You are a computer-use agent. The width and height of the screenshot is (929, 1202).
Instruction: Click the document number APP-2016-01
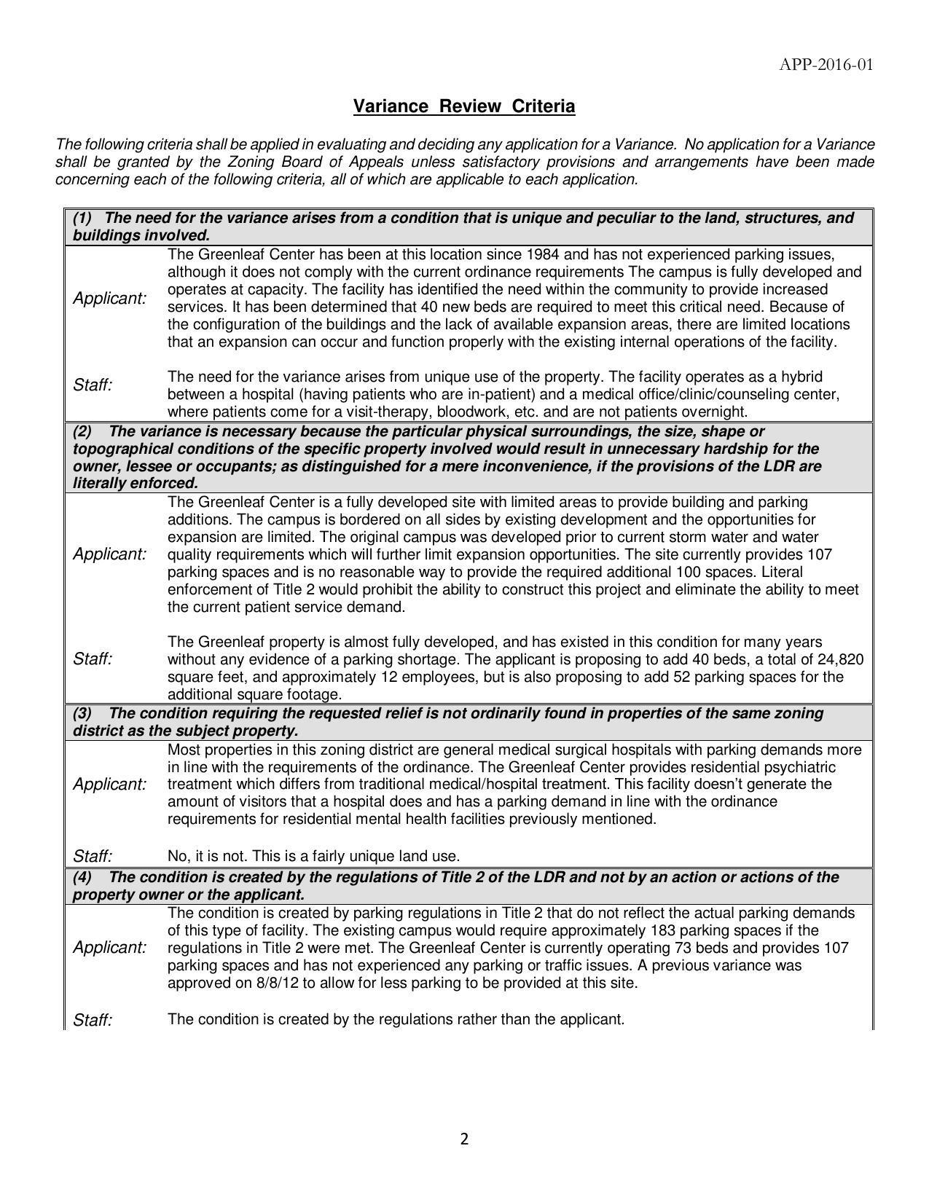point(826,65)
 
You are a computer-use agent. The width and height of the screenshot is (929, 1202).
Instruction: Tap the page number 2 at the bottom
point(464,1139)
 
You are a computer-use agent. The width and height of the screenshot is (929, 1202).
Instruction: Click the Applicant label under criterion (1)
point(109,299)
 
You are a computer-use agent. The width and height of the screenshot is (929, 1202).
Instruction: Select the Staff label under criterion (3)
point(93,856)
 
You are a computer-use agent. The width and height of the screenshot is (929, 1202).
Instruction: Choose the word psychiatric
point(799,767)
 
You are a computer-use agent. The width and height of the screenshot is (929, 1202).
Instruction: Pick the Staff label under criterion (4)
point(93,1020)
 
